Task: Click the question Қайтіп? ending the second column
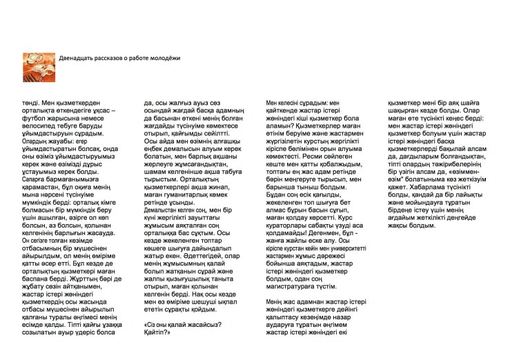point(157,332)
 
